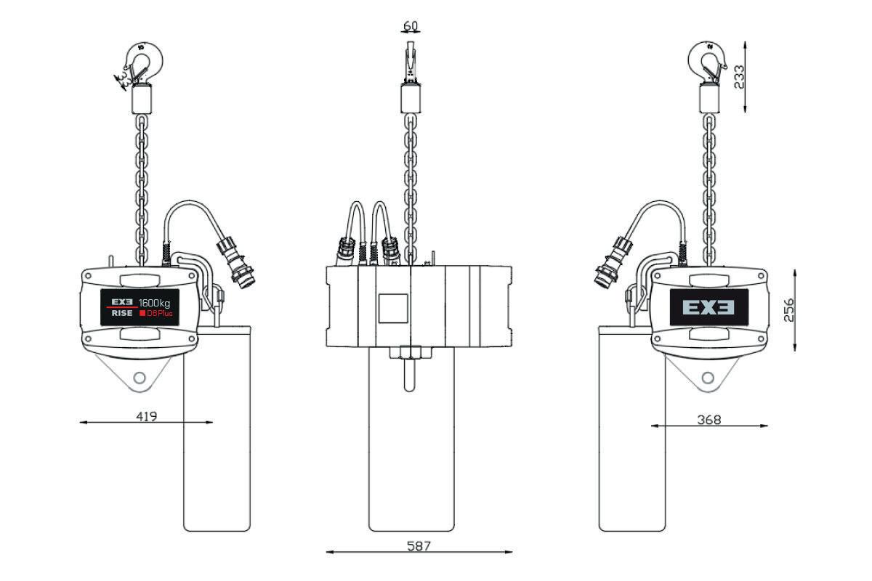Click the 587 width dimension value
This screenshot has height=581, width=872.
point(419,546)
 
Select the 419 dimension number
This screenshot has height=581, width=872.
point(147,417)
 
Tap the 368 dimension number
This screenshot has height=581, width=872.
point(709,420)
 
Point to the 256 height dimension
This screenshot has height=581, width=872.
point(788,310)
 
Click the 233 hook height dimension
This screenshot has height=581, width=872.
point(739,77)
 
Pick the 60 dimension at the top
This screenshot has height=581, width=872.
point(411,25)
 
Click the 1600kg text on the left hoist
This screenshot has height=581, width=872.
point(155,303)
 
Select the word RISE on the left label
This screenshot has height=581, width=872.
point(122,313)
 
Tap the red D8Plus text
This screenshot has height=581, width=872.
point(157,313)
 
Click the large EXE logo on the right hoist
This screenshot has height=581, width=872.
point(708,307)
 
